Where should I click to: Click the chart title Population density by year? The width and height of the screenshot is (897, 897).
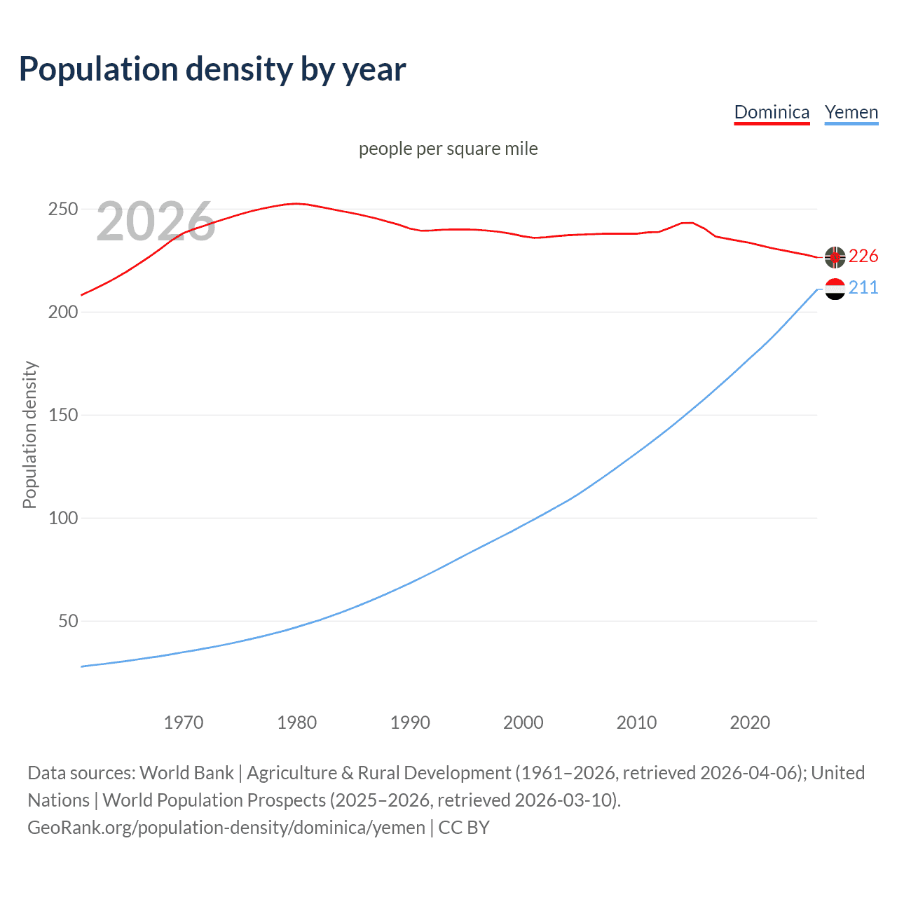click(212, 69)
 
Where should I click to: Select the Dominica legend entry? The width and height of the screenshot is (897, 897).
click(772, 112)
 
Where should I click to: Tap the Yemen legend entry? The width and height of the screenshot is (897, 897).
click(851, 112)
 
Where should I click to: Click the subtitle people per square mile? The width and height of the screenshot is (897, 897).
click(448, 149)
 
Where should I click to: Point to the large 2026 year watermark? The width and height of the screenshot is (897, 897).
click(156, 221)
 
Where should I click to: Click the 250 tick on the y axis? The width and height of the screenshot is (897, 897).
click(62, 210)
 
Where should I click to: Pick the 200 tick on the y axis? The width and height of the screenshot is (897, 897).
click(62, 312)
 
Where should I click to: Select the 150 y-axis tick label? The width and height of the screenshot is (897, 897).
click(62, 415)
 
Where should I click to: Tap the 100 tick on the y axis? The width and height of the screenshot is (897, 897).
click(62, 518)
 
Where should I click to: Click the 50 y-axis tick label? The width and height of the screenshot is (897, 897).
click(68, 621)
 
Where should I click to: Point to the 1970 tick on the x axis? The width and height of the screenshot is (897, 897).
click(184, 723)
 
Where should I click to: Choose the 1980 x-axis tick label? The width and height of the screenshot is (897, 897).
click(297, 723)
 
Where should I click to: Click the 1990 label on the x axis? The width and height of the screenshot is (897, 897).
click(410, 723)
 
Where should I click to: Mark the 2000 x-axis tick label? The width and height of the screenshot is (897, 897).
click(523, 723)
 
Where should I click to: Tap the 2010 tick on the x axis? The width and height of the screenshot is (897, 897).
click(636, 723)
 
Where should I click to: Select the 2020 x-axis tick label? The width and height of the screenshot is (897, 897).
click(750, 723)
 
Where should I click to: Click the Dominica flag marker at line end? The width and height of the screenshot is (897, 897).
click(835, 257)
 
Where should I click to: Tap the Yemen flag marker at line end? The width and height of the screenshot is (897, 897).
click(835, 288)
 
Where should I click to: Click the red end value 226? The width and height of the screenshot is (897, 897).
click(863, 256)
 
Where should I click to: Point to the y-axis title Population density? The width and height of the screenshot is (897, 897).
click(29, 434)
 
